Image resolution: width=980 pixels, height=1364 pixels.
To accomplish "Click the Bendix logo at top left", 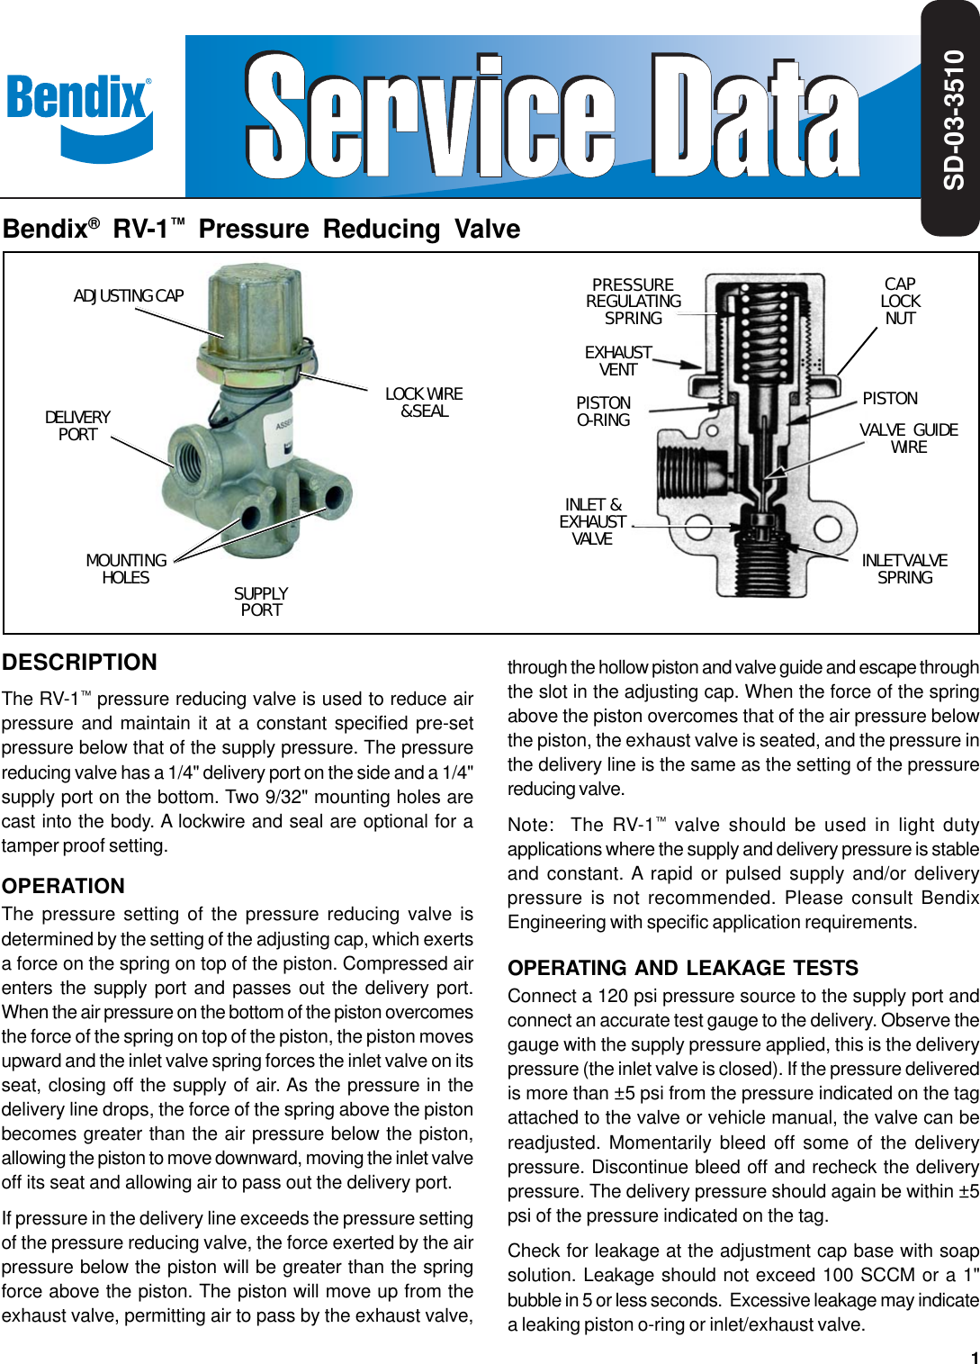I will [79, 115].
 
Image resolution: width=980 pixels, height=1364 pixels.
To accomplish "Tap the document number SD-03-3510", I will [953, 119].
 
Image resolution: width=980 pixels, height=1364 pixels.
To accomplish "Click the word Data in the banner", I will [754, 117].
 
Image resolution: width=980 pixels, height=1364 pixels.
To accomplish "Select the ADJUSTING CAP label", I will [128, 296].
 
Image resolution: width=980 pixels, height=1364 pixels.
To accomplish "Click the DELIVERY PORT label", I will [77, 426].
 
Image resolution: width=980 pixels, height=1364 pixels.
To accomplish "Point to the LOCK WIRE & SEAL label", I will [424, 402].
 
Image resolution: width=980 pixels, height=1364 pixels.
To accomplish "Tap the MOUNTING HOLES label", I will [126, 569].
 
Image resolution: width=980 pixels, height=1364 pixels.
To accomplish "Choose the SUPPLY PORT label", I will [261, 601].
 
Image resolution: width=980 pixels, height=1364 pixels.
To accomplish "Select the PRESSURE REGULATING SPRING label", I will [633, 302].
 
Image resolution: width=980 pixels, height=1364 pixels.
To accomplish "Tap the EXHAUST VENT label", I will [618, 361].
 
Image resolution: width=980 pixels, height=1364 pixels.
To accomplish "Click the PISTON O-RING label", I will [603, 411].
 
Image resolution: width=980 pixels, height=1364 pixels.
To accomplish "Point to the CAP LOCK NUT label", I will [900, 302].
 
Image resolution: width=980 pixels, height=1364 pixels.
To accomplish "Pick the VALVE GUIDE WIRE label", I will [908, 438].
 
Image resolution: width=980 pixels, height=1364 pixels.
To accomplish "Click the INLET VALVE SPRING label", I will [904, 569].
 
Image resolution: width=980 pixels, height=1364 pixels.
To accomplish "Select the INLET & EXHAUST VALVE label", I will [592, 522].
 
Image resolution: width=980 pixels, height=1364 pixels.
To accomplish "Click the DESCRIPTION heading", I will [79, 663].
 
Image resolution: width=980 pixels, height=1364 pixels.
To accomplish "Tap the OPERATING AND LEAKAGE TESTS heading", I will [683, 968].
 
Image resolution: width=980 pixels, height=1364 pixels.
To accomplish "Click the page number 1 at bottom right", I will [974, 1357].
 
